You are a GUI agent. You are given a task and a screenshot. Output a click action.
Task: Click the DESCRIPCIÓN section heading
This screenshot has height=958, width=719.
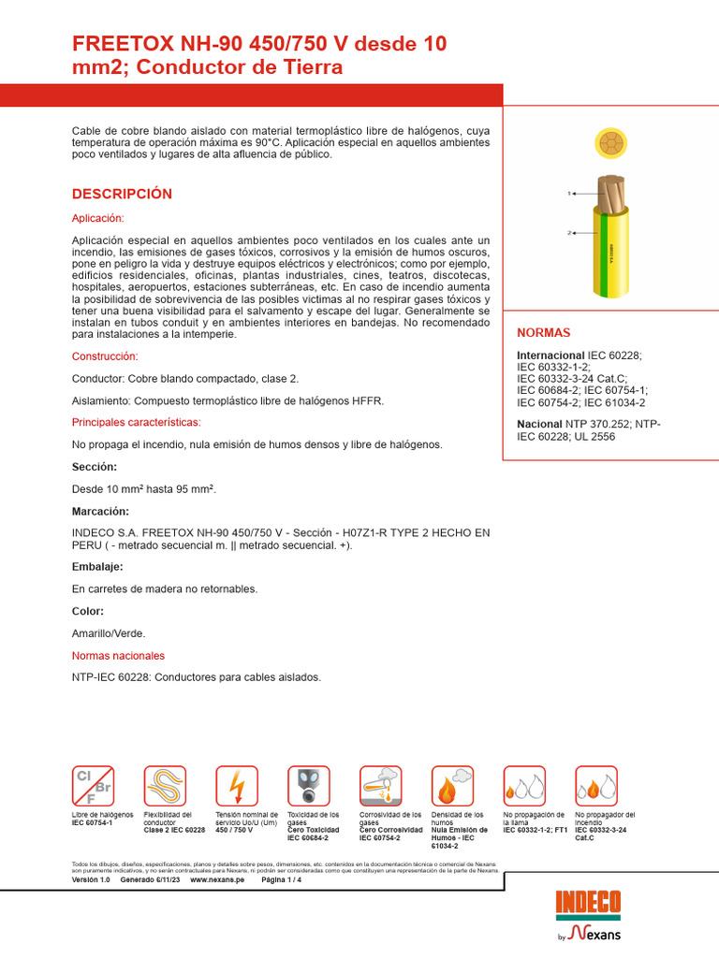click(122, 194)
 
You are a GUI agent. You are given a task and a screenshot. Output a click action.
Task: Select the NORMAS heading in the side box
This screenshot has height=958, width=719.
click(543, 332)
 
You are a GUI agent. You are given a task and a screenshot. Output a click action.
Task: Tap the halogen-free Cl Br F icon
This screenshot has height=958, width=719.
click(94, 786)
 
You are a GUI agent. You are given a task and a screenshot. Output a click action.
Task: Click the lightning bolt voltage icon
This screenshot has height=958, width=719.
click(237, 786)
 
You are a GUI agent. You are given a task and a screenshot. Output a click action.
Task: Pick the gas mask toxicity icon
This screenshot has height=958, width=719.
click(308, 786)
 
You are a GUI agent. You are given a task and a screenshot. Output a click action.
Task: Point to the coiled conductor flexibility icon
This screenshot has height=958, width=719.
click(165, 786)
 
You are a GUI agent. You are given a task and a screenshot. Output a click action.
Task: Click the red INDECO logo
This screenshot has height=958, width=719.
click(588, 903)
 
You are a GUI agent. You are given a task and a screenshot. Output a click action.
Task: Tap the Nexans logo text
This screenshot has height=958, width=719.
click(594, 933)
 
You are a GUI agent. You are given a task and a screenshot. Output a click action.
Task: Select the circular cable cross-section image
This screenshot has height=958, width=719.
click(610, 144)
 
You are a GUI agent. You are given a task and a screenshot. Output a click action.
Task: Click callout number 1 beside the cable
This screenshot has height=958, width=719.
click(568, 194)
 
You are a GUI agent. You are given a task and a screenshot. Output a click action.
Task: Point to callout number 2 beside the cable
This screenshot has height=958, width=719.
click(568, 232)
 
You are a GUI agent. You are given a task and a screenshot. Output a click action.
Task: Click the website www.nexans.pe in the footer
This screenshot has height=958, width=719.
click(216, 880)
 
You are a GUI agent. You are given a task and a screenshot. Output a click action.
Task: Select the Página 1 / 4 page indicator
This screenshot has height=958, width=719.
click(281, 880)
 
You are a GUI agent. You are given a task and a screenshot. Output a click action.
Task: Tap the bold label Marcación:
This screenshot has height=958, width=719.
click(100, 512)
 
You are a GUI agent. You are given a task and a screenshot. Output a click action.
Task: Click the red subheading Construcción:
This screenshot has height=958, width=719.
click(105, 356)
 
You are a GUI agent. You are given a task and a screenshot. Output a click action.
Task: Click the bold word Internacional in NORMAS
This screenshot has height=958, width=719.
click(550, 356)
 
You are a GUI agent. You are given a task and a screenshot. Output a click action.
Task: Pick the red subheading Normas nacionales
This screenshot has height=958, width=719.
click(118, 656)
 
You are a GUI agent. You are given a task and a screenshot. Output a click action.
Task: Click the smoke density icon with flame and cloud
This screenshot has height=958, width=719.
click(452, 786)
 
